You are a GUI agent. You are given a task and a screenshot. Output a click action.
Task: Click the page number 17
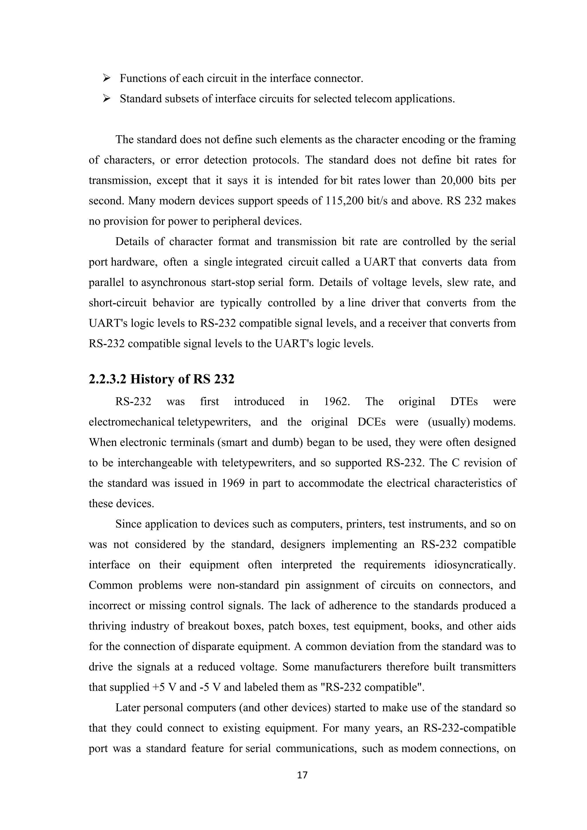[x=302, y=775]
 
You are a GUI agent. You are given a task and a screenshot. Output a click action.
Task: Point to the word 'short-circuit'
[x=118, y=303]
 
